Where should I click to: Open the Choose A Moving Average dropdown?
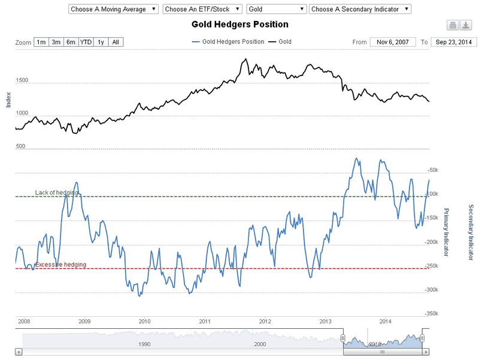[114, 9]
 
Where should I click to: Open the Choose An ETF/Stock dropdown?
[202, 9]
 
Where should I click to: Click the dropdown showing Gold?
[277, 9]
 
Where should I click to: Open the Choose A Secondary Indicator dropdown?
[360, 9]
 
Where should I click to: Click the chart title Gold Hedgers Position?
[239, 25]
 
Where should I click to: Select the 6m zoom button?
[71, 42]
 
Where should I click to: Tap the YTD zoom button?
[86, 42]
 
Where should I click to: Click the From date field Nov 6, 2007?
[392, 42]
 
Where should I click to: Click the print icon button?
[453, 25]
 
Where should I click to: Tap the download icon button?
[466, 25]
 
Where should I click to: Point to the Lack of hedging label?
[56, 192]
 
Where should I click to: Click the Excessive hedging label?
[60, 265]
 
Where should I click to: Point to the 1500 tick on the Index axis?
[22, 80]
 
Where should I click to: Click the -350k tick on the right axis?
[431, 313]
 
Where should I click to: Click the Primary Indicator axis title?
[446, 232]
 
